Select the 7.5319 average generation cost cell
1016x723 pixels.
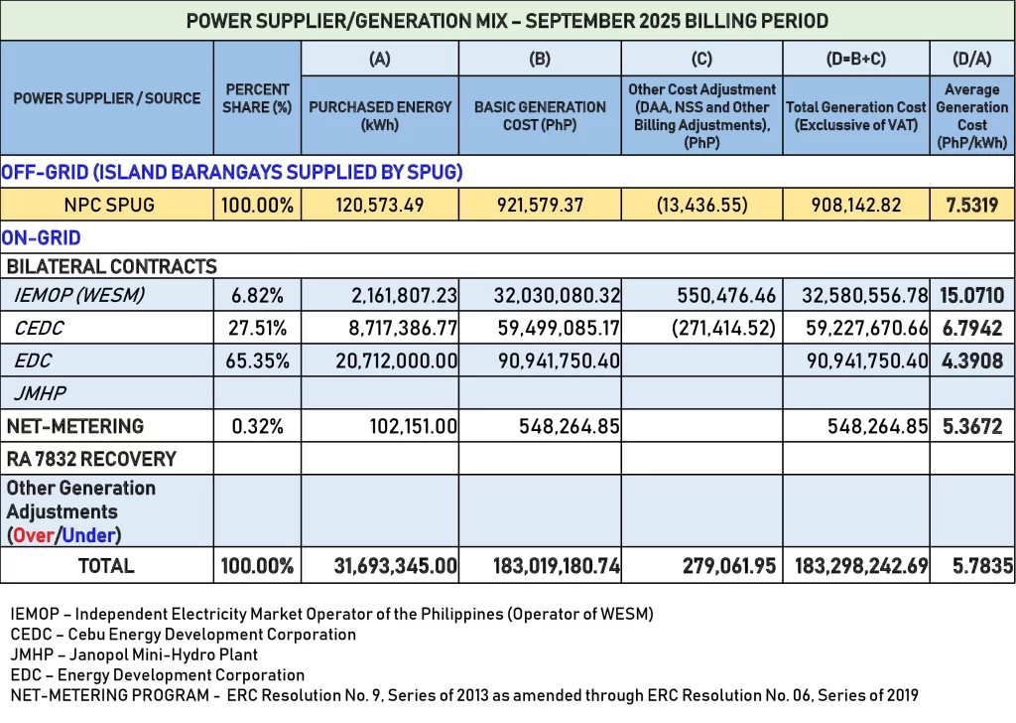pos(971,206)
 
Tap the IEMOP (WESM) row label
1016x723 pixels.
pos(79,295)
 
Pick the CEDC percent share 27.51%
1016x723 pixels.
pos(257,328)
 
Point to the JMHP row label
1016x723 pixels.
pos(40,393)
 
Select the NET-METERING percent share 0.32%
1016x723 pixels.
pos(257,426)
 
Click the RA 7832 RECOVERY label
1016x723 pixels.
pos(91,459)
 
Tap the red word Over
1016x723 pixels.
pos(34,535)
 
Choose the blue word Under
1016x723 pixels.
pos(88,535)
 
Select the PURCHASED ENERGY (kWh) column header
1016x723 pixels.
pos(380,115)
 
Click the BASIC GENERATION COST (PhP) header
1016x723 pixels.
pos(540,115)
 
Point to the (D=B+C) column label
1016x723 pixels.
pos(855,59)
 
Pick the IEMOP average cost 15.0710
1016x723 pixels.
pos(972,295)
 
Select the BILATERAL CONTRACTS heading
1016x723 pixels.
pos(111,266)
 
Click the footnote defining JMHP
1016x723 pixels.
pos(134,654)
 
